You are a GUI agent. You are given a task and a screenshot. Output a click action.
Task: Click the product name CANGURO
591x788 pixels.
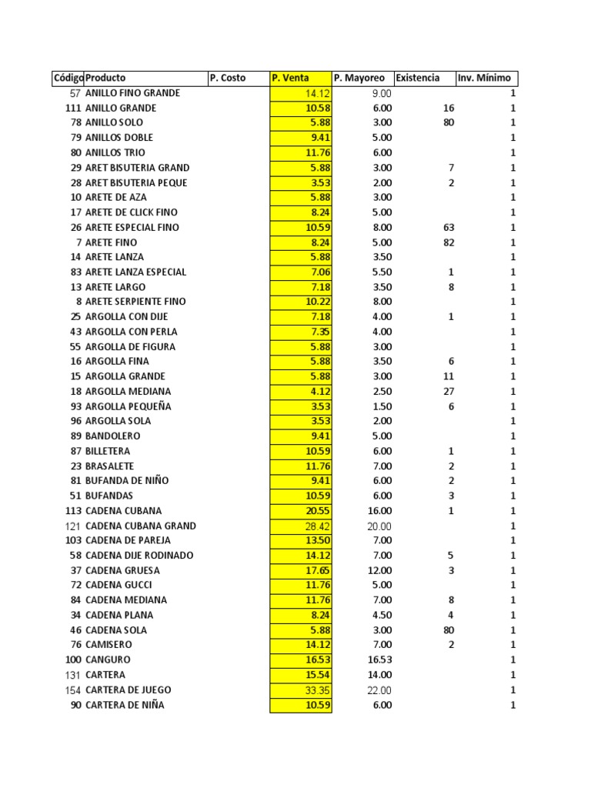pos(108,660)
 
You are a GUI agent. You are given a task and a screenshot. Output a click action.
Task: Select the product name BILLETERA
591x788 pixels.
pos(108,451)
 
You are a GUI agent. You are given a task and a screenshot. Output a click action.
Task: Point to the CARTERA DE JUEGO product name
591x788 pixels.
pos(129,690)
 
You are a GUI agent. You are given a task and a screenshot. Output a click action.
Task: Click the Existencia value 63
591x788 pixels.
pos(449,228)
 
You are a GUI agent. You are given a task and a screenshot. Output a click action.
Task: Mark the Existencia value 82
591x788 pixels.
pos(449,242)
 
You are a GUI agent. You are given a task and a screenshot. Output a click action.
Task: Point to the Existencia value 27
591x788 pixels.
pos(449,392)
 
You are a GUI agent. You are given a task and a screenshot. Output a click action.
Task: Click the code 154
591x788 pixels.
pos(72,690)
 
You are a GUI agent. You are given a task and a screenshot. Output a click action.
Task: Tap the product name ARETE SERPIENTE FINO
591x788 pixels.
pos(135,302)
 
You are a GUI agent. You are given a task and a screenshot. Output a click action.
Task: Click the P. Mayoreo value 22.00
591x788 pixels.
pos(379,690)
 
